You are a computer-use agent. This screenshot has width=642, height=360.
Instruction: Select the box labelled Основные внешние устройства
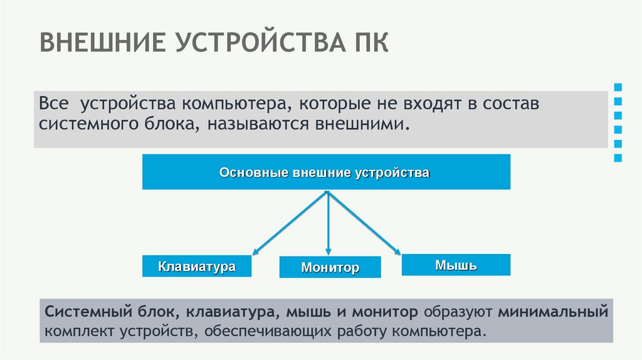(326, 172)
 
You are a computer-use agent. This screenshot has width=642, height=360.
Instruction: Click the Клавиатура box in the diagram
(197, 267)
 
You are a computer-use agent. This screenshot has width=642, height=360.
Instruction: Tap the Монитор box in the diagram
(330, 268)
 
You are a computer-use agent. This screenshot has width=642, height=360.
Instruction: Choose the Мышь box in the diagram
(456, 265)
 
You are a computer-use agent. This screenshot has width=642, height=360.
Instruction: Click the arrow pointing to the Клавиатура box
(288, 223)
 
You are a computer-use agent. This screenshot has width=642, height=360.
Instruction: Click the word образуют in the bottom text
(459, 312)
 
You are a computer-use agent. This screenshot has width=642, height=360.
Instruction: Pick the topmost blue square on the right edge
(618, 87)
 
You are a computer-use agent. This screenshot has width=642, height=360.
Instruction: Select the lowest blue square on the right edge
(618, 159)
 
